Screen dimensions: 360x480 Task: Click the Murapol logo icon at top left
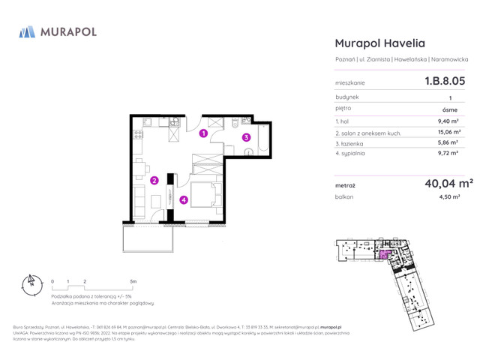tap(27, 31)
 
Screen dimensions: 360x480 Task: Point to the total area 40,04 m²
tap(448, 182)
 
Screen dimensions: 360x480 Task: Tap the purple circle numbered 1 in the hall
tap(203, 135)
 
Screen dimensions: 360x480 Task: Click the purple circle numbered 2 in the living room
tap(153, 180)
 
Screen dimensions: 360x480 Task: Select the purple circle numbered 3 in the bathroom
tap(246, 136)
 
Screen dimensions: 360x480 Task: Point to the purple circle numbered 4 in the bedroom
tap(183, 199)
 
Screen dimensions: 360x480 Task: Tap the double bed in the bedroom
tap(204, 194)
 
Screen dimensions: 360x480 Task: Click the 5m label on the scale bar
tap(133, 280)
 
